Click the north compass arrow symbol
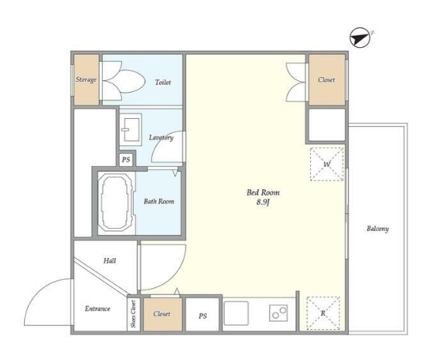pyautogui.click(x=359, y=38)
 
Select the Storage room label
pyautogui.click(x=87, y=80)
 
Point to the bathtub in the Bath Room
pyautogui.click(x=116, y=202)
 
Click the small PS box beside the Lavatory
pyautogui.click(x=126, y=160)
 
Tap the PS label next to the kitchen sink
pyautogui.click(x=203, y=316)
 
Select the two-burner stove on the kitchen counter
pyautogui.click(x=278, y=313)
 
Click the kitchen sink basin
pyautogui.click(x=236, y=313)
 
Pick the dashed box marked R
pyautogui.click(x=323, y=314)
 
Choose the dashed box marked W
pyautogui.click(x=327, y=165)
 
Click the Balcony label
pyautogui.click(x=377, y=229)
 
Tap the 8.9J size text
pyautogui.click(x=263, y=202)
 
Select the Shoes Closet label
pyautogui.click(x=134, y=314)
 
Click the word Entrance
pyautogui.click(x=97, y=308)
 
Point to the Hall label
pyautogui.click(x=110, y=260)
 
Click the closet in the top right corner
pyautogui.click(x=327, y=80)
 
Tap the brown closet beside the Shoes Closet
pyautogui.click(x=162, y=314)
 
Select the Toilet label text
pyautogui.click(x=163, y=82)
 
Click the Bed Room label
pyautogui.click(x=263, y=192)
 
